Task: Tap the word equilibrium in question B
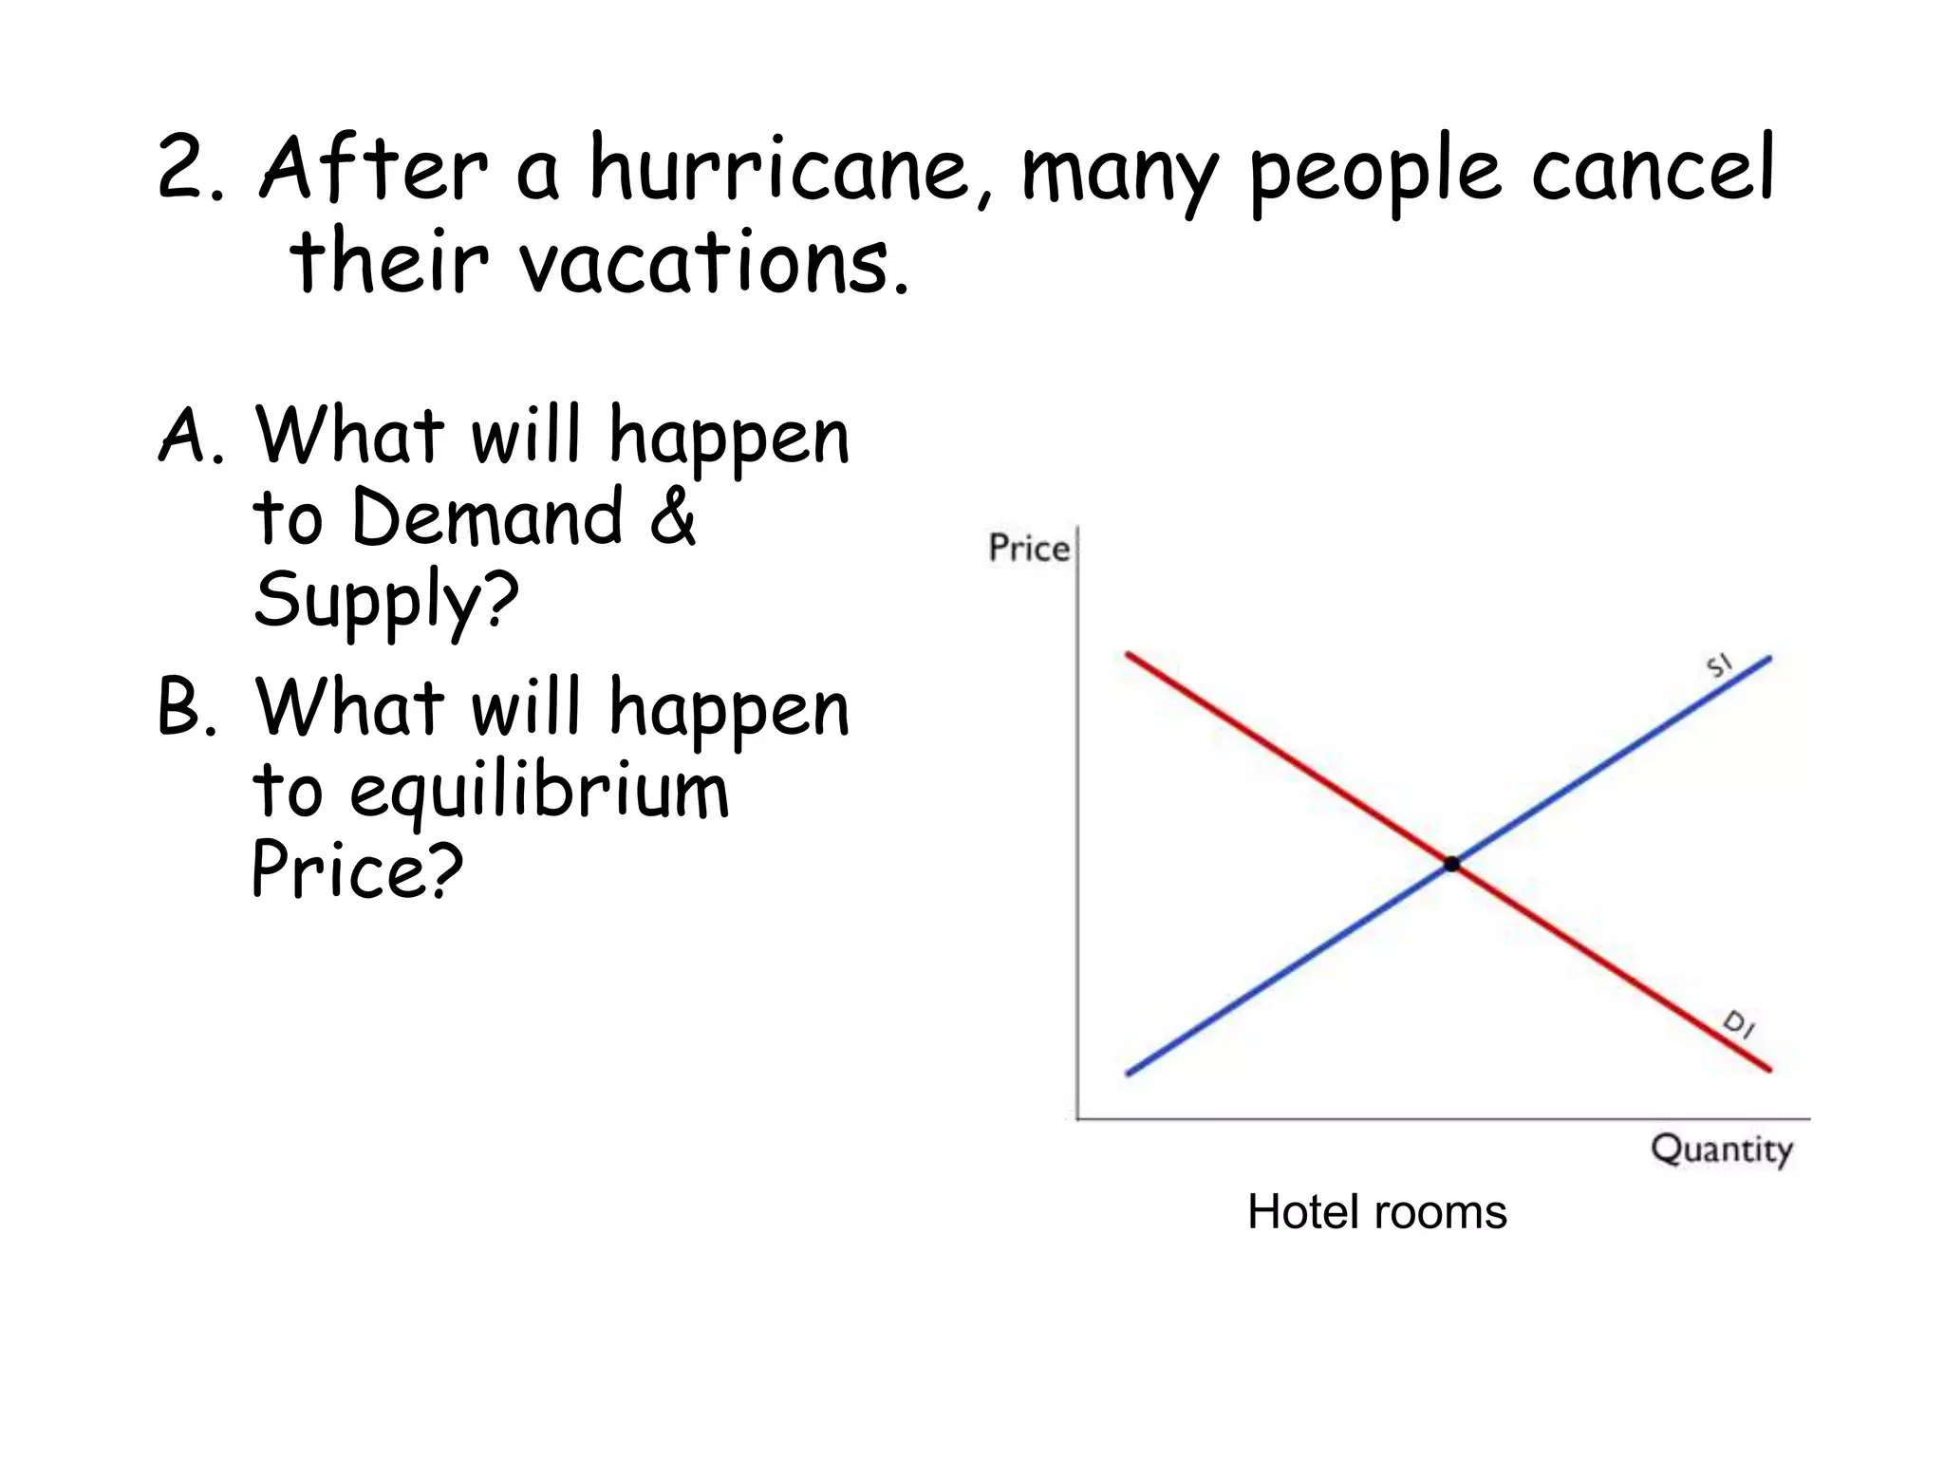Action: click(x=538, y=793)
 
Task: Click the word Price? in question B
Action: click(x=357, y=870)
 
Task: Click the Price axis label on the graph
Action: click(x=1028, y=548)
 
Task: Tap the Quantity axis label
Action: click(x=1721, y=1150)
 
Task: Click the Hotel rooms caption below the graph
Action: click(x=1376, y=1212)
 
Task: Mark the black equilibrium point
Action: click(x=1451, y=864)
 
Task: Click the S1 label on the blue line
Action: click(x=1719, y=665)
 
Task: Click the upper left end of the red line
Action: click(x=1130, y=655)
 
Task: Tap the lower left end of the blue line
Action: click(x=1130, y=1074)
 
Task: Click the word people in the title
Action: click(x=1374, y=173)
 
